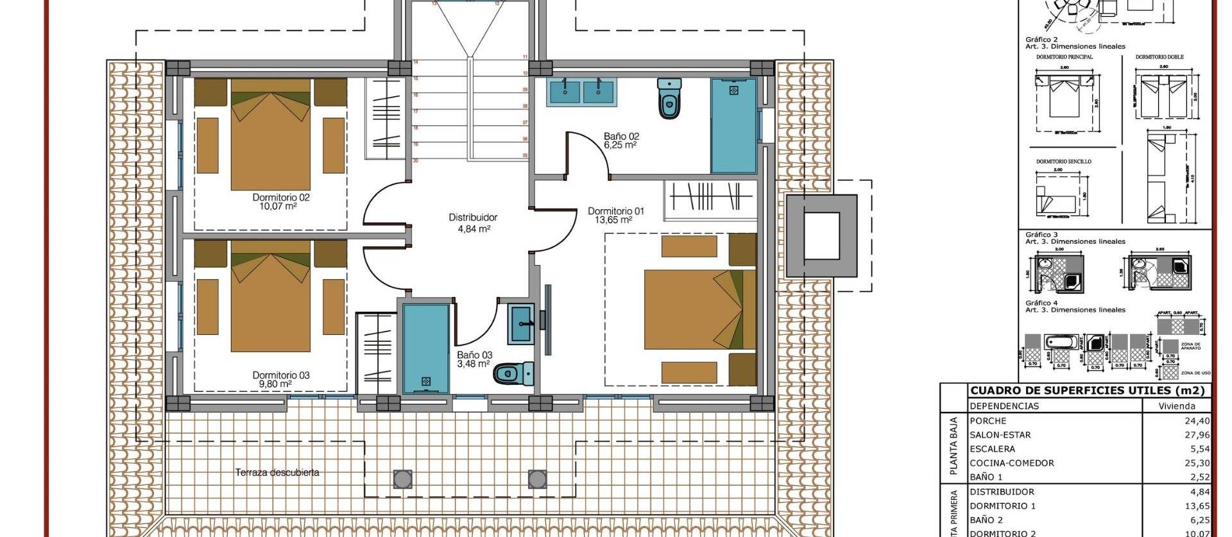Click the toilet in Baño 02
[669, 99]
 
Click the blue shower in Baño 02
[733, 125]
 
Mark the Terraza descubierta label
[277, 473]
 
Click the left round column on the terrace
[402, 479]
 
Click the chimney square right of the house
[821, 235]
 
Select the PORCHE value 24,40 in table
[1197, 422]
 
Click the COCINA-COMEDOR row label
[1012, 463]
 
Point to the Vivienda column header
[1176, 406]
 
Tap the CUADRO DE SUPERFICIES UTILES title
[1088, 391]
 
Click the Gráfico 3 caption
[1041, 235]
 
